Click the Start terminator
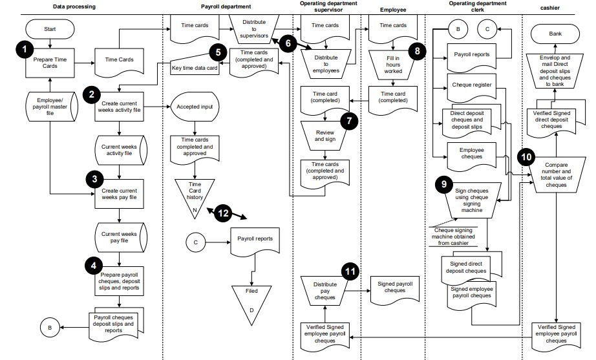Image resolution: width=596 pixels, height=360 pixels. click(50, 29)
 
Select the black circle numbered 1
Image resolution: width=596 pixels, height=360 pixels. click(25, 48)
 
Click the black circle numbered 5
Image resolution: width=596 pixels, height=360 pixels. click(217, 52)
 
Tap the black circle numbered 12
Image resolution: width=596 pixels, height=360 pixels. click(222, 211)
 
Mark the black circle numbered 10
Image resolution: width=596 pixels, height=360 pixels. click(527, 156)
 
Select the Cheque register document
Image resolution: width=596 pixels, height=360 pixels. click(473, 84)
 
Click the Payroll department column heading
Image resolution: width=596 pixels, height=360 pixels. click(227, 6)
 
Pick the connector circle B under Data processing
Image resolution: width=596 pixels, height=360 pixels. click(49, 328)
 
